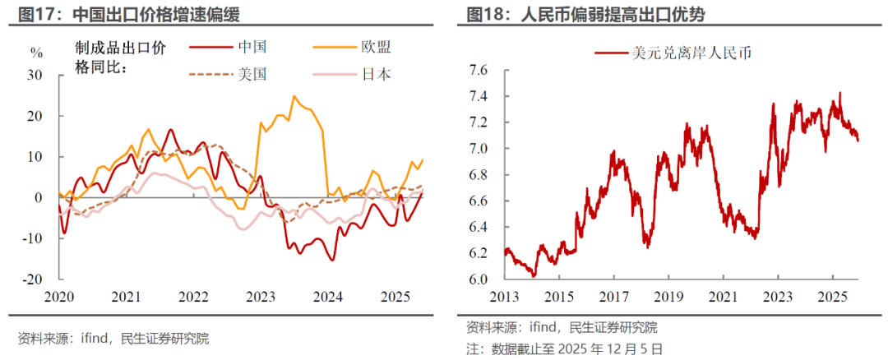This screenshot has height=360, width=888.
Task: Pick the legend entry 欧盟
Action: (374, 48)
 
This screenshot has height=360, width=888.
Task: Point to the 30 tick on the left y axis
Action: (35, 75)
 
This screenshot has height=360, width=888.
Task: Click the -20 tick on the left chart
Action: (33, 279)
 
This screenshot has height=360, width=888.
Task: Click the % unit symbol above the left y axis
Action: (36, 53)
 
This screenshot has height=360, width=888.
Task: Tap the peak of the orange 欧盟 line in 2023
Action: (294, 96)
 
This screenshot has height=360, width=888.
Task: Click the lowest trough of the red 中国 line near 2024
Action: (332, 260)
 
